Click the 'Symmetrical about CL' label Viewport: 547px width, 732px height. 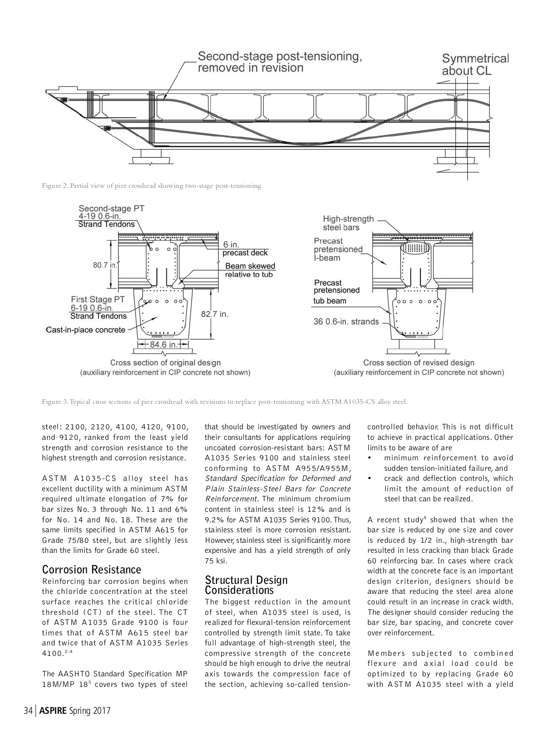[475, 65]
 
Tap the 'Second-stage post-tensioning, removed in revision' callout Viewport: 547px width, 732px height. [279, 62]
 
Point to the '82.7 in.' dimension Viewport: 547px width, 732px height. [214, 314]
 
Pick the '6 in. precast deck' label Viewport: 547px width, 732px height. [245, 249]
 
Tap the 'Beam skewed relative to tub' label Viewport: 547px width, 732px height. [250, 270]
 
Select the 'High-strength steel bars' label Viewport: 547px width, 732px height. [348, 223]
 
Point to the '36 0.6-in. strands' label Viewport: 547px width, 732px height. [346, 322]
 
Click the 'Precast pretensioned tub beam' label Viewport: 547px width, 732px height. [336, 292]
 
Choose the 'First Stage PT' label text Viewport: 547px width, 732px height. [98, 299]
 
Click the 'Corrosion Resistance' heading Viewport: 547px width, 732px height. [92, 569]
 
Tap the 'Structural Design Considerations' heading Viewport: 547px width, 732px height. [246, 585]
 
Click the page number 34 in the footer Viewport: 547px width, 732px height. [28, 711]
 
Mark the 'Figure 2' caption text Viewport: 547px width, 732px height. [152, 186]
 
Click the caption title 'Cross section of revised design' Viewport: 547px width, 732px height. [418, 363]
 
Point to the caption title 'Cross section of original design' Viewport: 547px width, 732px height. [165, 363]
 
